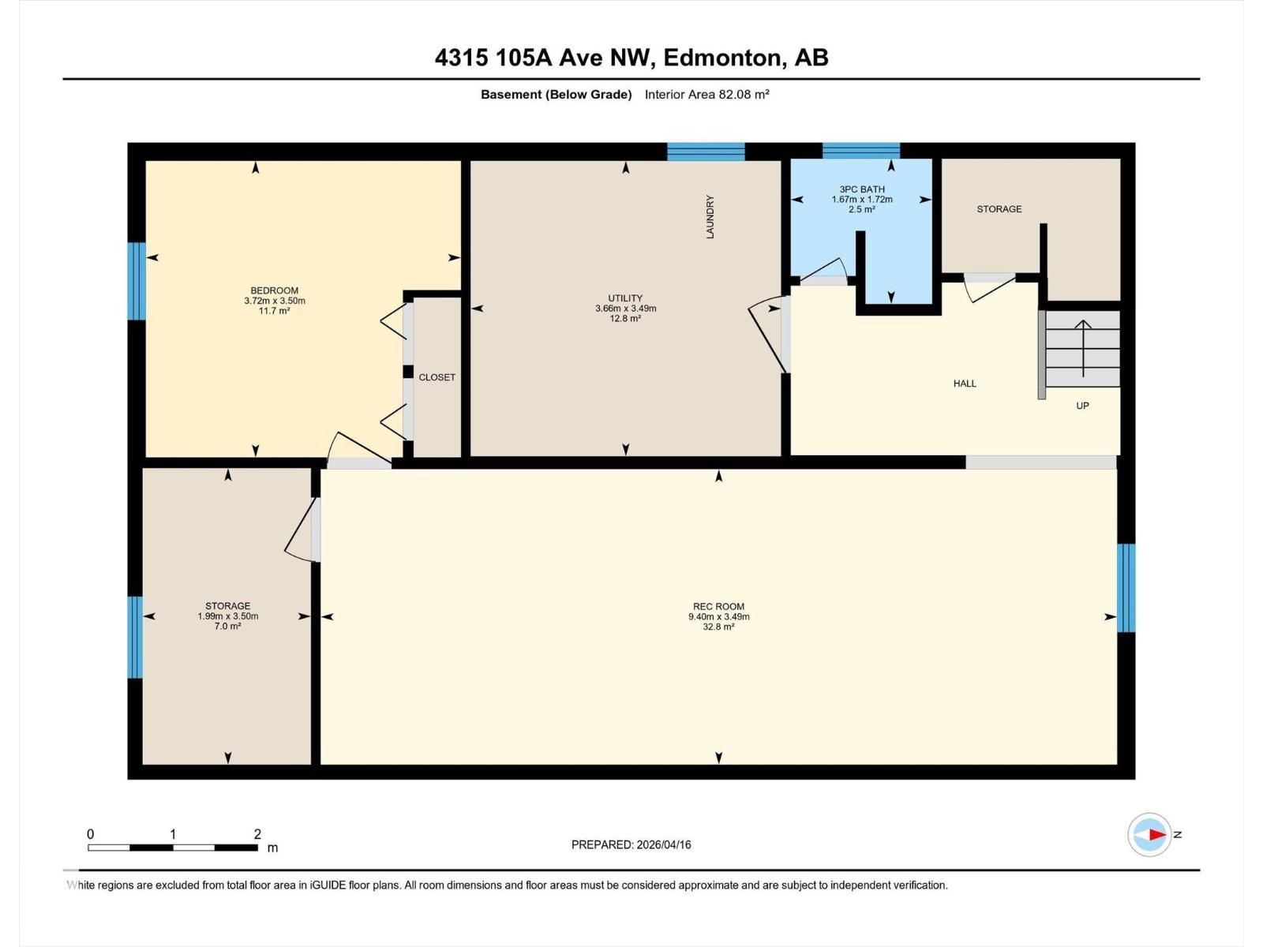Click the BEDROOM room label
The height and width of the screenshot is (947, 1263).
(274, 290)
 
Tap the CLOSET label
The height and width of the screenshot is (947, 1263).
(437, 377)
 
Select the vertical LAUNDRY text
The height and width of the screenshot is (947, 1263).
(710, 217)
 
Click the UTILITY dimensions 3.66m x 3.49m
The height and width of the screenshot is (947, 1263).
(625, 309)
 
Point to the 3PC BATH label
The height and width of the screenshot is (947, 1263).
(861, 189)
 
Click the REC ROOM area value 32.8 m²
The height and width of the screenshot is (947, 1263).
(718, 627)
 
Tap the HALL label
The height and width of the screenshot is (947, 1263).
(965, 384)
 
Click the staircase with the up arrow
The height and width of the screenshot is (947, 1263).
(1082, 349)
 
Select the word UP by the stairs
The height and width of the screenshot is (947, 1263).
(1082, 406)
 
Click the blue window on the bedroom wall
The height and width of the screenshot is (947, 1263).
(137, 281)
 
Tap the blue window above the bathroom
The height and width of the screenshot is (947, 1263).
(860, 151)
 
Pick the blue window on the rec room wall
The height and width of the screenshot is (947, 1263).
(1126, 588)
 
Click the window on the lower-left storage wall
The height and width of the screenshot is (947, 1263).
(136, 637)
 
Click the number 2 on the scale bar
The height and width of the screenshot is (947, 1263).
(257, 833)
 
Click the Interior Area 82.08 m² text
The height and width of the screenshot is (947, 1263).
(706, 95)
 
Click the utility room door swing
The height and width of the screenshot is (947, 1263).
(767, 331)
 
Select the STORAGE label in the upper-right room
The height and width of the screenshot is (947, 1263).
(999, 209)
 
